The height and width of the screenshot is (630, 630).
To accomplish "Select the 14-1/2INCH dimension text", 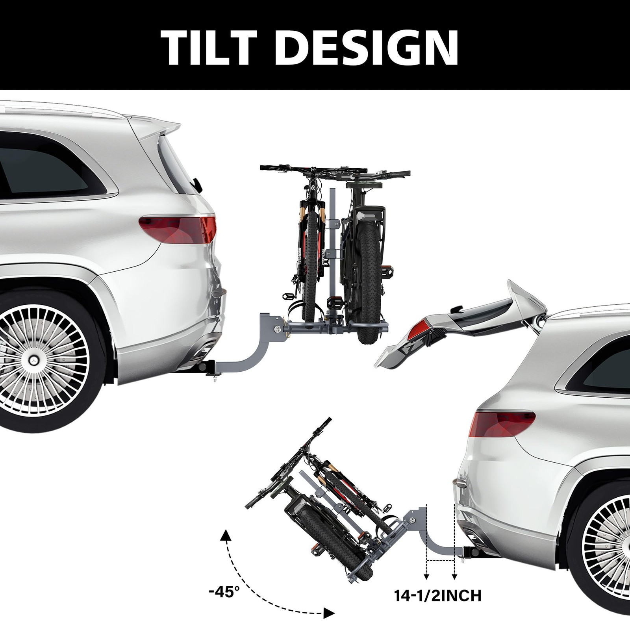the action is pos(438,596).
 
